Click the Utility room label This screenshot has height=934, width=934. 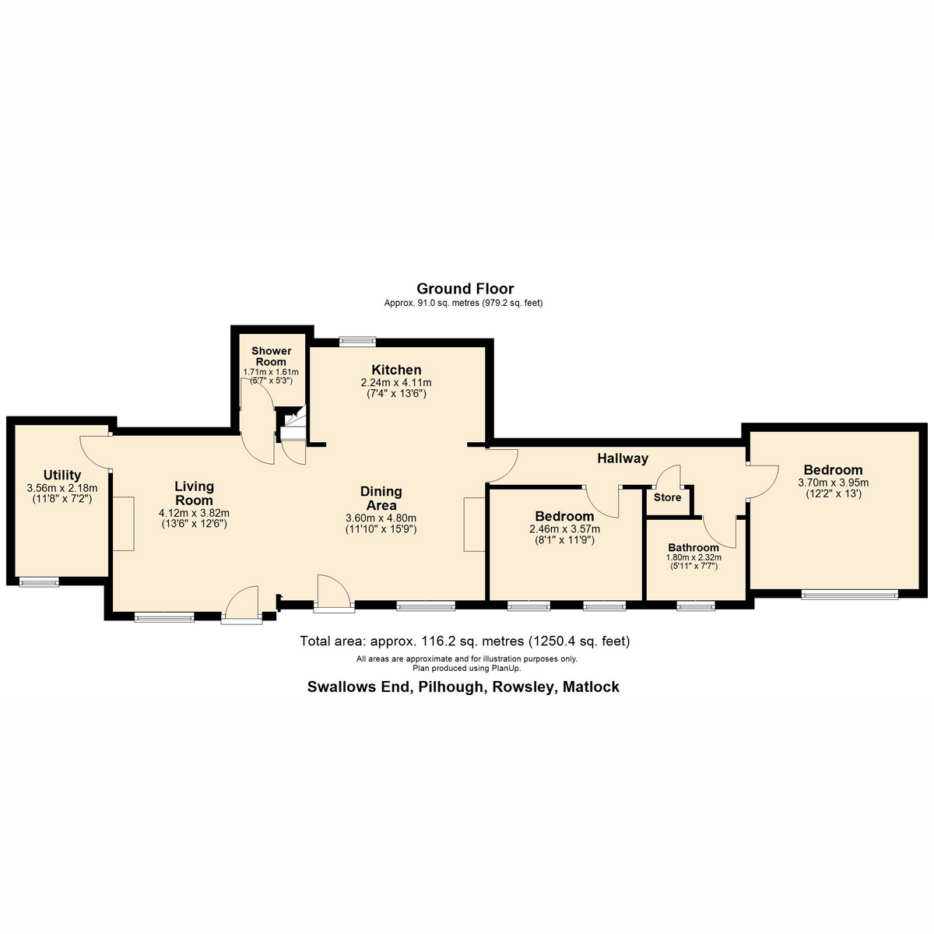(x=62, y=475)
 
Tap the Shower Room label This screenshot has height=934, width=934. (x=271, y=356)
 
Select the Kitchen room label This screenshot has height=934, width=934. (x=396, y=370)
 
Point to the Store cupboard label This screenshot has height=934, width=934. (x=667, y=497)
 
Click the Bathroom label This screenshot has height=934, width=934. (x=693, y=547)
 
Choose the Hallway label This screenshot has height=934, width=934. (x=623, y=458)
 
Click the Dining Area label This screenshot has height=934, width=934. (x=381, y=498)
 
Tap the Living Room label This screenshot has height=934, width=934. (x=194, y=493)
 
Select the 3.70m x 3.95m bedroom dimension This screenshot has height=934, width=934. (x=833, y=483)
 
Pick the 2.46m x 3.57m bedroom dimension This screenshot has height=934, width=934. (x=564, y=529)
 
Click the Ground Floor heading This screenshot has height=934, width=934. (x=465, y=289)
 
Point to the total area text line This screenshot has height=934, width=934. (x=465, y=641)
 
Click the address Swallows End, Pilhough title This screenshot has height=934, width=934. (x=463, y=686)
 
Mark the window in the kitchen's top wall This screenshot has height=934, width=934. (x=357, y=340)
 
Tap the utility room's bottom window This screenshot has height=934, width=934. (x=39, y=581)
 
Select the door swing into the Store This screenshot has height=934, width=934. (x=669, y=476)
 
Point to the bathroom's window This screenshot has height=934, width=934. (x=695, y=606)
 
